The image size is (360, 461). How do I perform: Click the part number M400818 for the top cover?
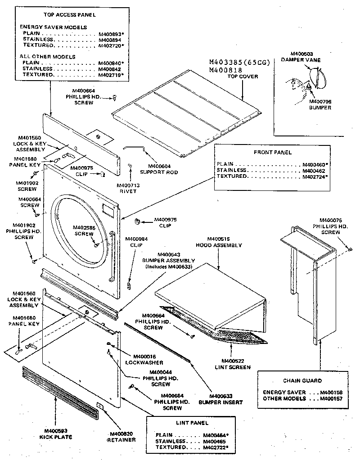[x=226, y=70]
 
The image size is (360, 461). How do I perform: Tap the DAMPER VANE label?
[x=300, y=59]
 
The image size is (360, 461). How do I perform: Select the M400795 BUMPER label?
[x=320, y=104]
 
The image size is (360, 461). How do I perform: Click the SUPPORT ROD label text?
[x=159, y=172]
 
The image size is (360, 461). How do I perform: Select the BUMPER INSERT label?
[x=220, y=402]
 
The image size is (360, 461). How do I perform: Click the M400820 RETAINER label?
[x=121, y=437]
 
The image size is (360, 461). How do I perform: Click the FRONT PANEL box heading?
[x=273, y=152]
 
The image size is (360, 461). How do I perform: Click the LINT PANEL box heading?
[x=192, y=423]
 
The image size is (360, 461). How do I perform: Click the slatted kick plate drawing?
[x=59, y=392]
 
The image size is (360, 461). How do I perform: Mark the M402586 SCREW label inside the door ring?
[x=84, y=230]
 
